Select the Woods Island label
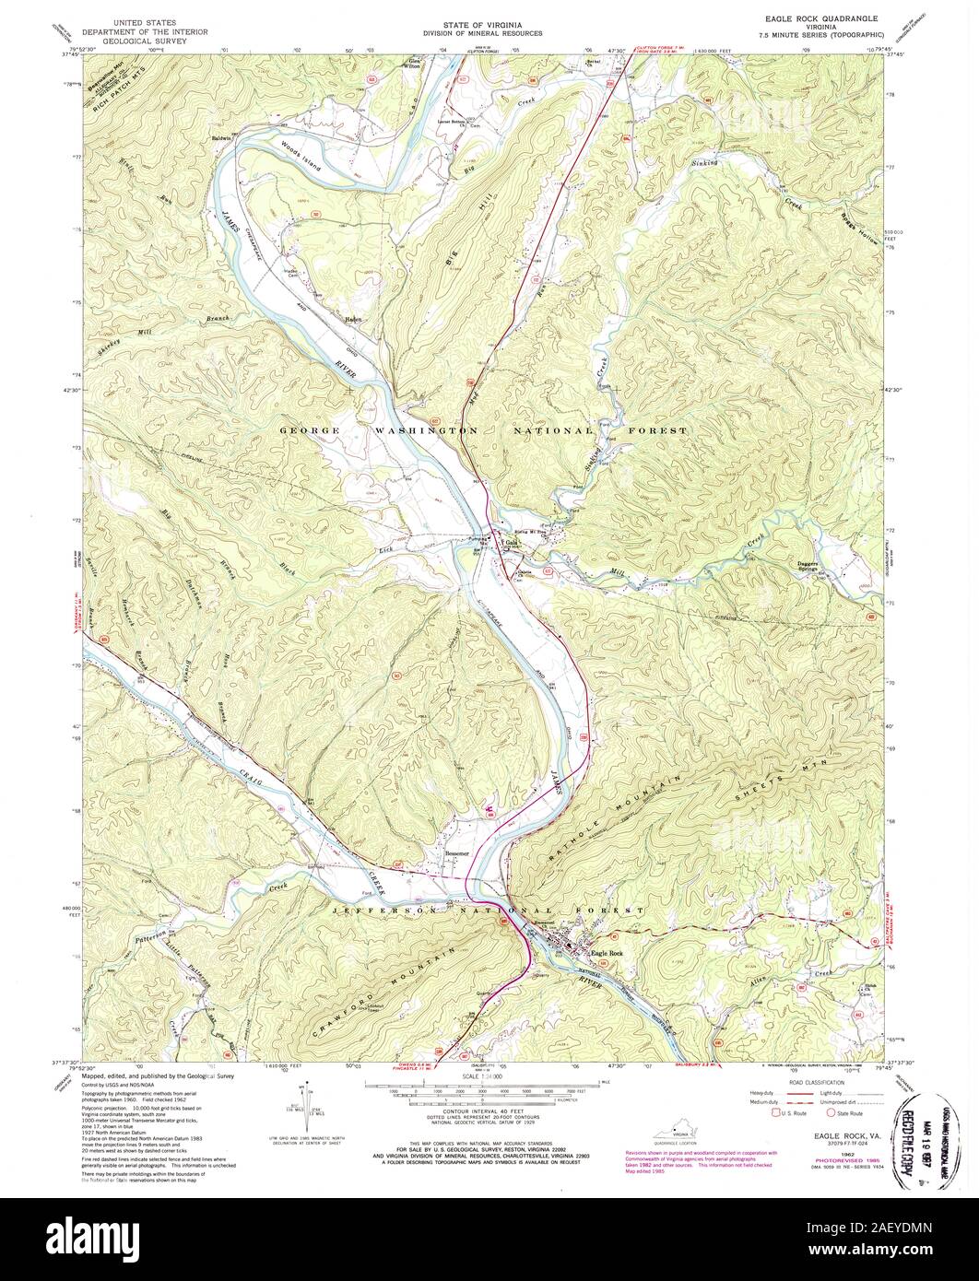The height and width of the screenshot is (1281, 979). tap(303, 149)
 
